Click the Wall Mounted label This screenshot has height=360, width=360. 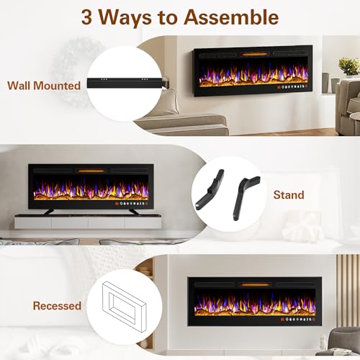tap(44, 86)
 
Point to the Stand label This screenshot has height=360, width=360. tap(289, 194)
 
